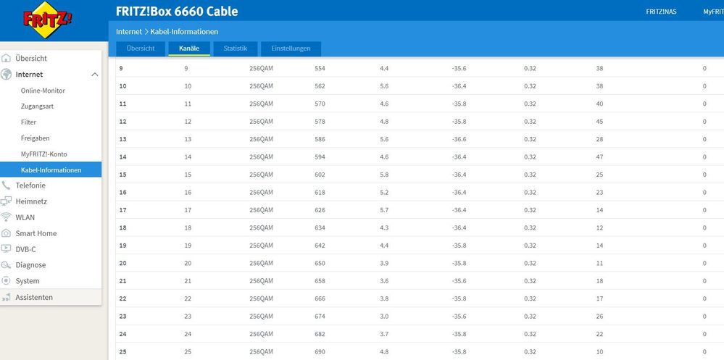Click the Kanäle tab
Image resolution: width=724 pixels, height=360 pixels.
[x=189, y=49]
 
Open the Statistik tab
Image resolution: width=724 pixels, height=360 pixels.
[x=236, y=49]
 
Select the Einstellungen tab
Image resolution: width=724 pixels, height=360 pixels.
[x=291, y=49]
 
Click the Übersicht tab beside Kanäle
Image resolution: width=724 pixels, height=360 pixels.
[x=141, y=49]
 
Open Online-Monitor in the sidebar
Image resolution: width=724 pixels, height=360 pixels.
[x=43, y=91]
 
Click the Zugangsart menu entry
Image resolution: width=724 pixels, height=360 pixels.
[x=37, y=106]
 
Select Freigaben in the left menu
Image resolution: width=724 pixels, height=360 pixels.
[x=35, y=138]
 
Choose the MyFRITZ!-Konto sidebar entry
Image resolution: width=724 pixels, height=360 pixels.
[x=43, y=154]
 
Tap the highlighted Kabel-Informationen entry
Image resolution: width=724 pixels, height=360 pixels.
[x=51, y=170]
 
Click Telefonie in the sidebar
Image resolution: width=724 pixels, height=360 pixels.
[x=30, y=185]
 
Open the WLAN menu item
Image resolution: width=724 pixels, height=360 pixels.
[x=25, y=217]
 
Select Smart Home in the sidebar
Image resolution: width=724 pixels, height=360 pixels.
[x=36, y=233]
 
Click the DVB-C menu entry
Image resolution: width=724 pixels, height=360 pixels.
[x=25, y=249]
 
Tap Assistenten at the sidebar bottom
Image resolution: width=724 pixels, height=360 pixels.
[x=34, y=297]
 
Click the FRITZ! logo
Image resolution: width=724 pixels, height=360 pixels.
[x=48, y=20]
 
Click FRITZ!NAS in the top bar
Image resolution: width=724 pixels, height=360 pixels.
[x=661, y=12]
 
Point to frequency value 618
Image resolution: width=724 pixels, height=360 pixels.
[x=320, y=193]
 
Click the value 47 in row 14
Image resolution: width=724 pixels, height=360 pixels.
[x=599, y=157]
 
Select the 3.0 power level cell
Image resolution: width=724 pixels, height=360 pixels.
[x=384, y=317]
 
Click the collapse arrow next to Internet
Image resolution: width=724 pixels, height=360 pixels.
[x=95, y=75]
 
